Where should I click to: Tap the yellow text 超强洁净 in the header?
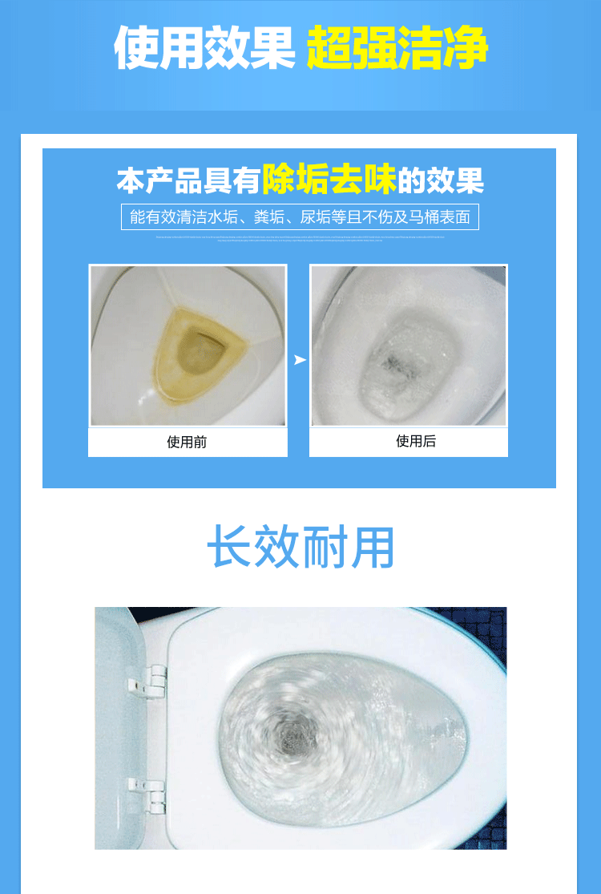click(397, 48)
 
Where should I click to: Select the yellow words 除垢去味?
click(329, 180)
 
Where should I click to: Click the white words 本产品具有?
click(189, 180)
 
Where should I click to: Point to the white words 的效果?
click(442, 180)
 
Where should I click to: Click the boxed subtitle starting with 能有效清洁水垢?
click(300, 216)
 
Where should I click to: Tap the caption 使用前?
click(188, 442)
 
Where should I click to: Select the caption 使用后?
click(416, 441)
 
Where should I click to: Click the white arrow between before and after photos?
click(299, 360)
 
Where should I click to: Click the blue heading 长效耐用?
click(300, 548)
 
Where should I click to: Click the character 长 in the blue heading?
click(232, 548)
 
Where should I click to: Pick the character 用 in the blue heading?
click(371, 548)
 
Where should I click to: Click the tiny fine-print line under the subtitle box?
click(300, 238)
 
